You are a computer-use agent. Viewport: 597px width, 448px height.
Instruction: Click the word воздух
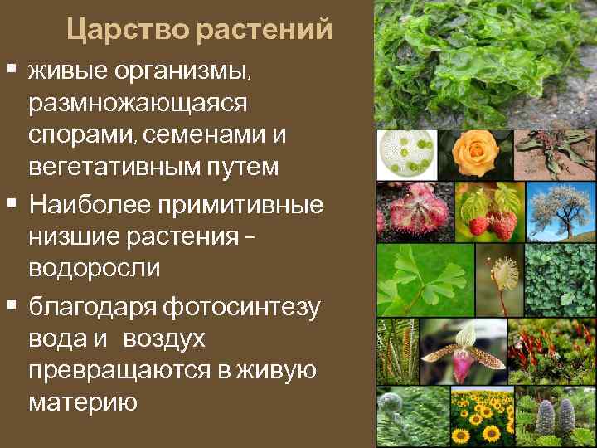click(x=166, y=340)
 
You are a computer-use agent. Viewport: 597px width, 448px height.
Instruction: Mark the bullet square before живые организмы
click(x=11, y=66)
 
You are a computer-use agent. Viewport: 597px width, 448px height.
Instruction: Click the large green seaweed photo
click(x=485, y=64)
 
